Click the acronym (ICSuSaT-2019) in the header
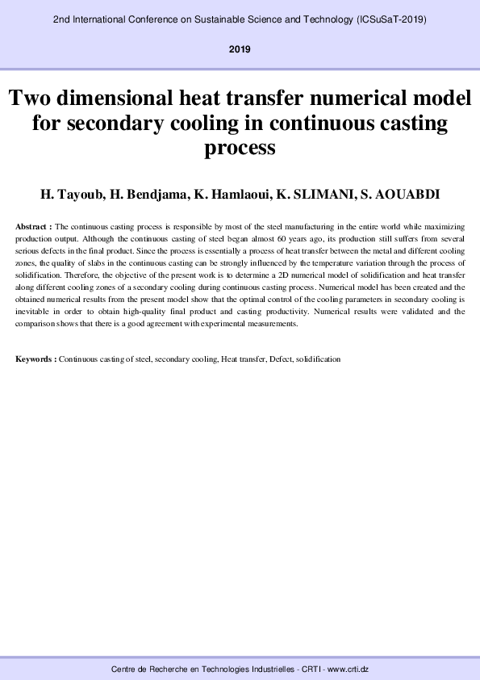tap(390, 17)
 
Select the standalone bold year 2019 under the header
tap(240, 49)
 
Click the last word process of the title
tap(240, 149)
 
